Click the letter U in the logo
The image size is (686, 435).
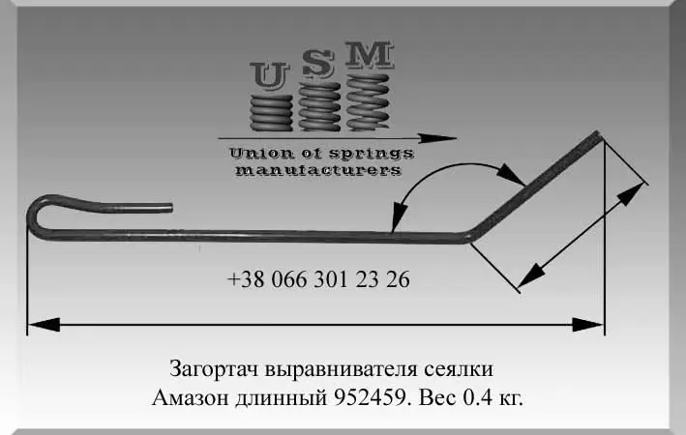(270, 75)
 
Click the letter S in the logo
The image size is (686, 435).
(318, 64)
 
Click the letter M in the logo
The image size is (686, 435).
(370, 55)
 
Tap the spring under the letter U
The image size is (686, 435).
(271, 112)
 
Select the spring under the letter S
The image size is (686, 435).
(319, 106)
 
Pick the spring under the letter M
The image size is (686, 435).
(368, 101)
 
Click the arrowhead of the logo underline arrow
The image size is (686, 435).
(437, 138)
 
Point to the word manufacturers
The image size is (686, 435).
(318, 170)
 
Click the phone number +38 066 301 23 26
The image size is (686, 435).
(318, 279)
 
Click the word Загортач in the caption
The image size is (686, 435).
(214, 369)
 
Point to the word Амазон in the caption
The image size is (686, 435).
(191, 398)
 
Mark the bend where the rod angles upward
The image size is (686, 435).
(469, 237)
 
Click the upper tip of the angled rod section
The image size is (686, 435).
(599, 134)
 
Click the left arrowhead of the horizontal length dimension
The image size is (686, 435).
(44, 325)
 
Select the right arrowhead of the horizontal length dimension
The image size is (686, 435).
(588, 325)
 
